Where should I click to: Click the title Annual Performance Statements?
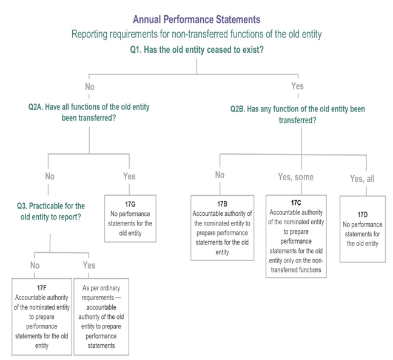tap(196, 20)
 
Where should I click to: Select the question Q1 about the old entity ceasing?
tap(196, 50)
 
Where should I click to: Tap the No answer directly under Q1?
tap(90, 87)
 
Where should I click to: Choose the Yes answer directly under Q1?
tap(297, 86)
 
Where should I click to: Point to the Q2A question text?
tap(89, 112)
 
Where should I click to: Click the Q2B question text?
tap(297, 115)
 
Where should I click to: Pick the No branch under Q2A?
tap(50, 176)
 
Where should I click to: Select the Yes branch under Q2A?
tap(129, 176)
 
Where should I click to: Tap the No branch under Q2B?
tap(220, 175)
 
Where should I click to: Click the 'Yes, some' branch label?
tap(295, 177)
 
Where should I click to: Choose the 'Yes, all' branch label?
tap(362, 179)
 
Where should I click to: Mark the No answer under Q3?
tap(35, 265)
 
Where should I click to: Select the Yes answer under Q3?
tap(89, 265)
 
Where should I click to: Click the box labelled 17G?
tap(130, 218)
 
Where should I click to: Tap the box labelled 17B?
tap(222, 228)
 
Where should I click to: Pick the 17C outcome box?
tap(296, 236)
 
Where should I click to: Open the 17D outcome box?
tap(362, 229)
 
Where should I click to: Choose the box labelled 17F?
tap(41, 316)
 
